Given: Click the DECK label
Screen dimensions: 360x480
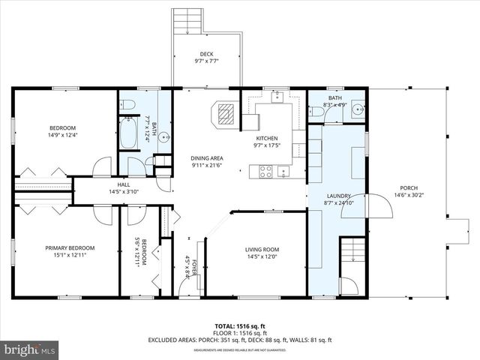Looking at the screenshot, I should pos(206,53).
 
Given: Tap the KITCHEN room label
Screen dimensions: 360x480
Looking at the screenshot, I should pos(267,139).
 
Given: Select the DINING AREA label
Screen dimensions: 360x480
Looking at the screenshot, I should pos(206,158).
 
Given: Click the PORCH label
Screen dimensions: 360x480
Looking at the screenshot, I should pos(409,188).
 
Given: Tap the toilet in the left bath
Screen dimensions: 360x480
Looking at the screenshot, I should pos(128,103).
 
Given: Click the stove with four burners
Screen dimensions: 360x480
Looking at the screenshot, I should pos(265,171).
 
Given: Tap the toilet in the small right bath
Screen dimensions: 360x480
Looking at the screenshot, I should pos(317,112).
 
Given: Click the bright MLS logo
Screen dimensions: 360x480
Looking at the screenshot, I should pos(30,349).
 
